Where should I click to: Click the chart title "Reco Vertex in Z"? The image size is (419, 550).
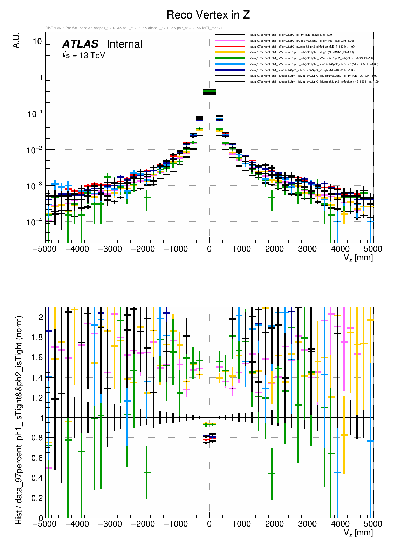(208, 15)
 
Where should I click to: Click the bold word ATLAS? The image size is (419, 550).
(80, 44)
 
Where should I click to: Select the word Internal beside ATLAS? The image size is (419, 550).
(124, 44)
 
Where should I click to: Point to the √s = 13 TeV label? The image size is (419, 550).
(84, 55)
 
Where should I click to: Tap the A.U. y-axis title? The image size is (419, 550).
(16, 41)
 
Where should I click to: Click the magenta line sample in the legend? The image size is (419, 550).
(230, 41)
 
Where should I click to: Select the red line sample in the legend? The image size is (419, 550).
(230, 47)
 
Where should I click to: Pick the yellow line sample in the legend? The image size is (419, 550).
(230, 52)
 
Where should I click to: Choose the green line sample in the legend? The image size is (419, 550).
(230, 58)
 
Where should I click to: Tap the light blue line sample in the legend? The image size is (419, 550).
(230, 64)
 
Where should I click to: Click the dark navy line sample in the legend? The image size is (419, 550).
(230, 70)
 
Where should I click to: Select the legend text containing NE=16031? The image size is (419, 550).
(315, 82)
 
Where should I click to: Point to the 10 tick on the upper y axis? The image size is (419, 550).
(37, 41)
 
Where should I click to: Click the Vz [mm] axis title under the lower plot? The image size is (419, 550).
(358, 533)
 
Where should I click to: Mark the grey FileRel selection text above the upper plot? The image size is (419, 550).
(135, 28)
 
